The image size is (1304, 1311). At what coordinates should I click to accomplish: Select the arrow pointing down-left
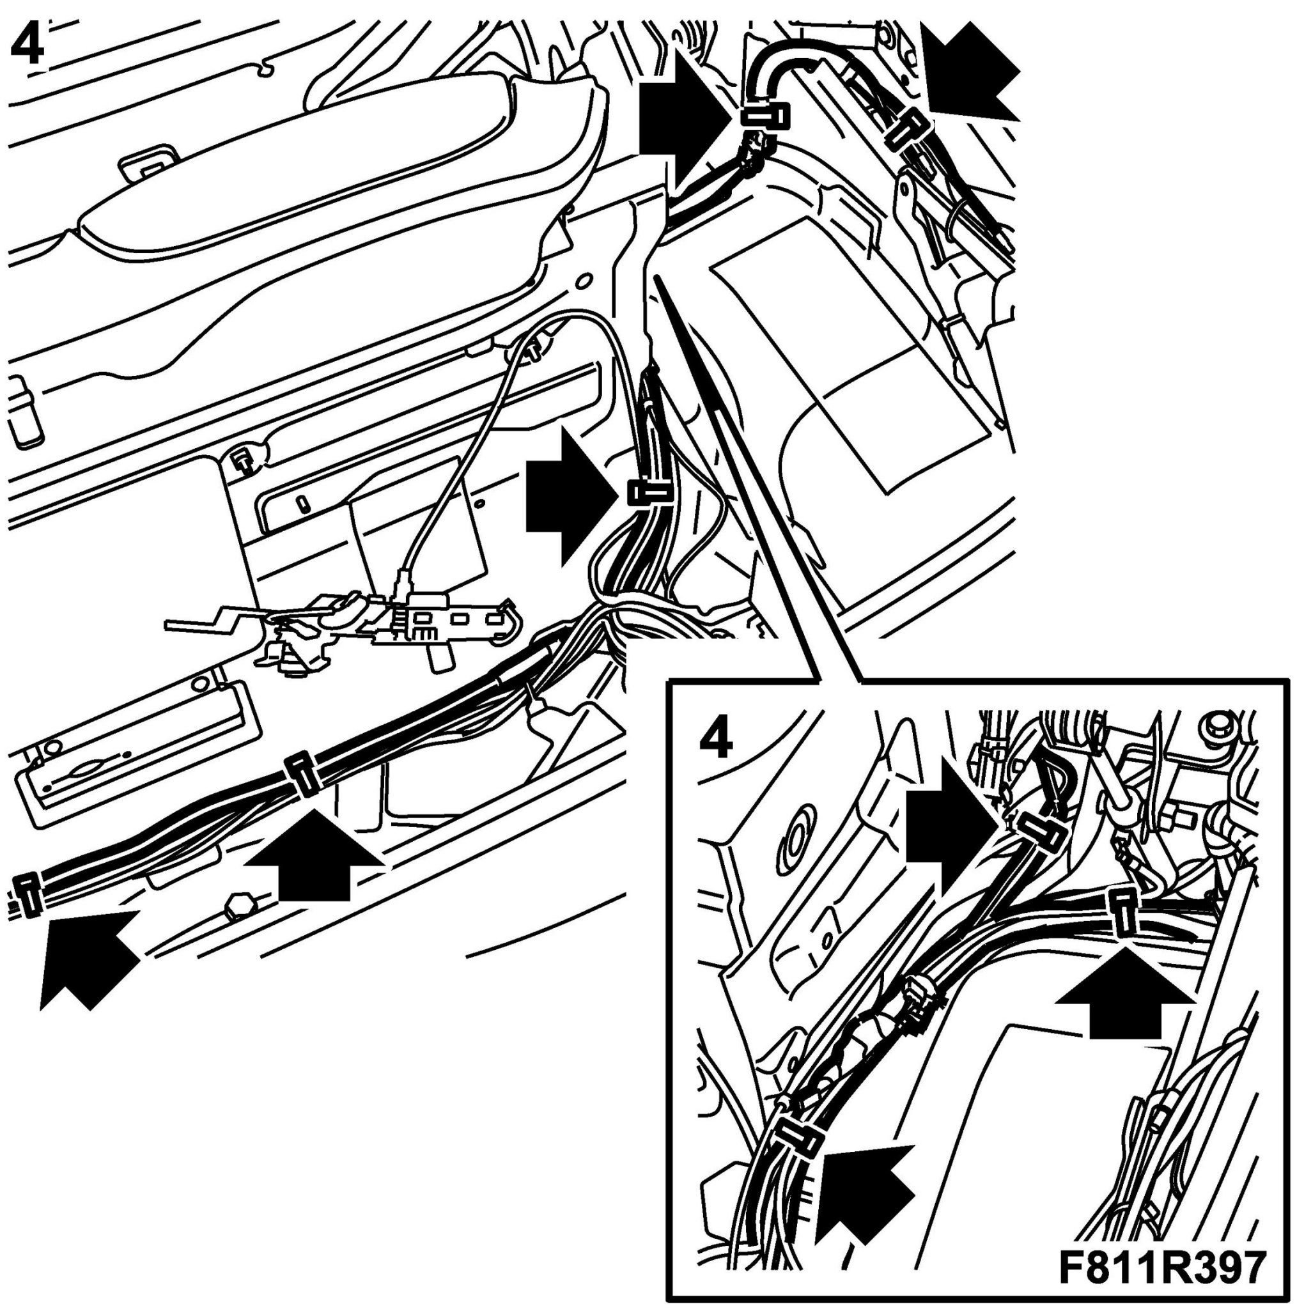click(970, 69)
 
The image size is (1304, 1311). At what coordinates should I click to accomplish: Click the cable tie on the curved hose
click(766, 117)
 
